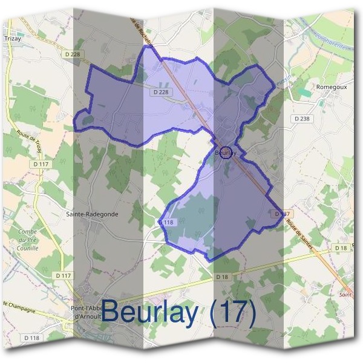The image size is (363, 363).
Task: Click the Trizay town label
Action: coord(12,37)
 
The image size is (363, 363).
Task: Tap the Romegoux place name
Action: coord(332,87)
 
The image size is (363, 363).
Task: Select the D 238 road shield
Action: coord(301,119)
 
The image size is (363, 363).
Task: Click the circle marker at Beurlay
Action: coord(226,152)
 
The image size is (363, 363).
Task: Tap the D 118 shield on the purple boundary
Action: coord(168,223)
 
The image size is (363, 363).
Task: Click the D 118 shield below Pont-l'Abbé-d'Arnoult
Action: coord(31,337)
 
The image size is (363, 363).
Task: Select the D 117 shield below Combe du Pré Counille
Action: coord(63,276)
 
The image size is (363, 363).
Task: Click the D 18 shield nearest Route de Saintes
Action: coord(340,248)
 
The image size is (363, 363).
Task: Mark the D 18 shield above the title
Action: coord(221,276)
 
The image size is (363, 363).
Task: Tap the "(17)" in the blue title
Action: coord(232,313)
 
